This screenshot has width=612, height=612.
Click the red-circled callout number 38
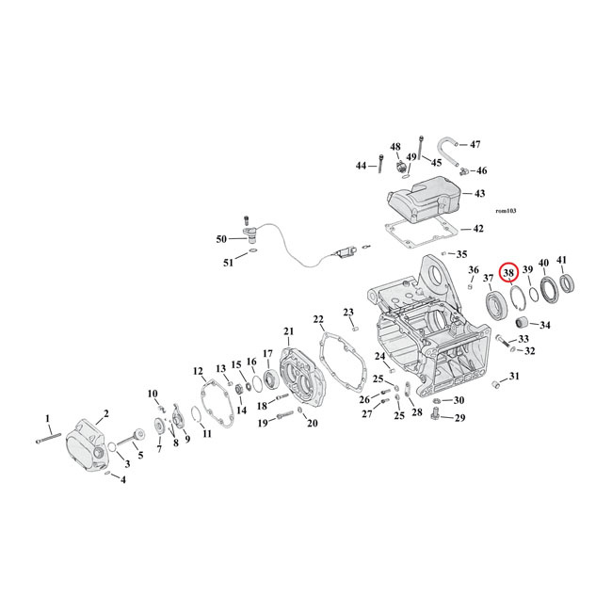(x=509, y=274)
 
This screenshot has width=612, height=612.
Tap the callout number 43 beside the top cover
(x=479, y=193)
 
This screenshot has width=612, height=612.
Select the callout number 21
(x=288, y=330)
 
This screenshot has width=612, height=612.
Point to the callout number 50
(x=221, y=240)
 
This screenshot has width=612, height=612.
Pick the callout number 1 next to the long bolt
(x=48, y=417)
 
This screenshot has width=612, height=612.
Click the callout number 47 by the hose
(x=475, y=144)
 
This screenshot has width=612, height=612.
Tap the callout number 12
(x=198, y=370)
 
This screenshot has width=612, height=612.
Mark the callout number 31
(x=513, y=377)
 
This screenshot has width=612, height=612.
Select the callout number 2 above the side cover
(x=106, y=412)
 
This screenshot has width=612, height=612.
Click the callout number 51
(x=228, y=263)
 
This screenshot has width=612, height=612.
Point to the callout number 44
(x=361, y=166)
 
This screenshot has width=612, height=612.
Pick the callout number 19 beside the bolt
(x=264, y=422)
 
